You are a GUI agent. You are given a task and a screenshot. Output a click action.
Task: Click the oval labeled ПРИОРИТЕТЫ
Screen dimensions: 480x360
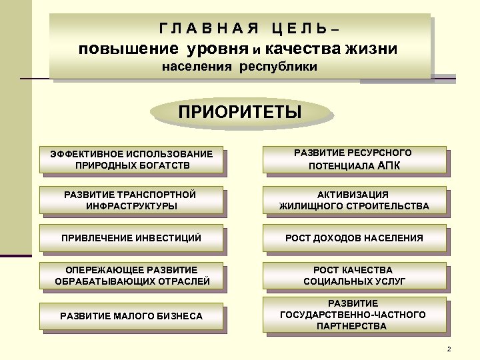tap(239, 111)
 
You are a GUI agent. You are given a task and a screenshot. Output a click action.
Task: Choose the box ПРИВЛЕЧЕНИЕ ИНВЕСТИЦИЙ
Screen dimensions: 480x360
tap(131, 238)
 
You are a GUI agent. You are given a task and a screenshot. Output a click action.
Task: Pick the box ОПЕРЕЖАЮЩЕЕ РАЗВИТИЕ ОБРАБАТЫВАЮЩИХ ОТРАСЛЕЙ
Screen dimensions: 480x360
tap(132, 276)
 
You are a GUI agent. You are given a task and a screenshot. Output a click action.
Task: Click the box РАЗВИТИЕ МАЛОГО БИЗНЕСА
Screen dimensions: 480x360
tap(131, 315)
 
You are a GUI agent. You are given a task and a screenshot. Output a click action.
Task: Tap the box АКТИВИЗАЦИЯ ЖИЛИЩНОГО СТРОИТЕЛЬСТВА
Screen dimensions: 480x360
tap(354, 200)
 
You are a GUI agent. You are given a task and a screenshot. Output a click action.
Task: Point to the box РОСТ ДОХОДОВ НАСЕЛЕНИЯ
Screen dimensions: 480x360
tap(354, 238)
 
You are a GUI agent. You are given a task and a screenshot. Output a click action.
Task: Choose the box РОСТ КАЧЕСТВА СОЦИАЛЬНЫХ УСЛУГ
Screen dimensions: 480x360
tap(354, 276)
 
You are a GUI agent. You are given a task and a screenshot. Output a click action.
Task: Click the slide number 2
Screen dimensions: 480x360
tap(449, 350)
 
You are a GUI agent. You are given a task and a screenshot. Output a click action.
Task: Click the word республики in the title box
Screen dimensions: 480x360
tap(275, 67)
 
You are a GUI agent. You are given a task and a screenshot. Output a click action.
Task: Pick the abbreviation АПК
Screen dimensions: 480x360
tap(389, 165)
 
